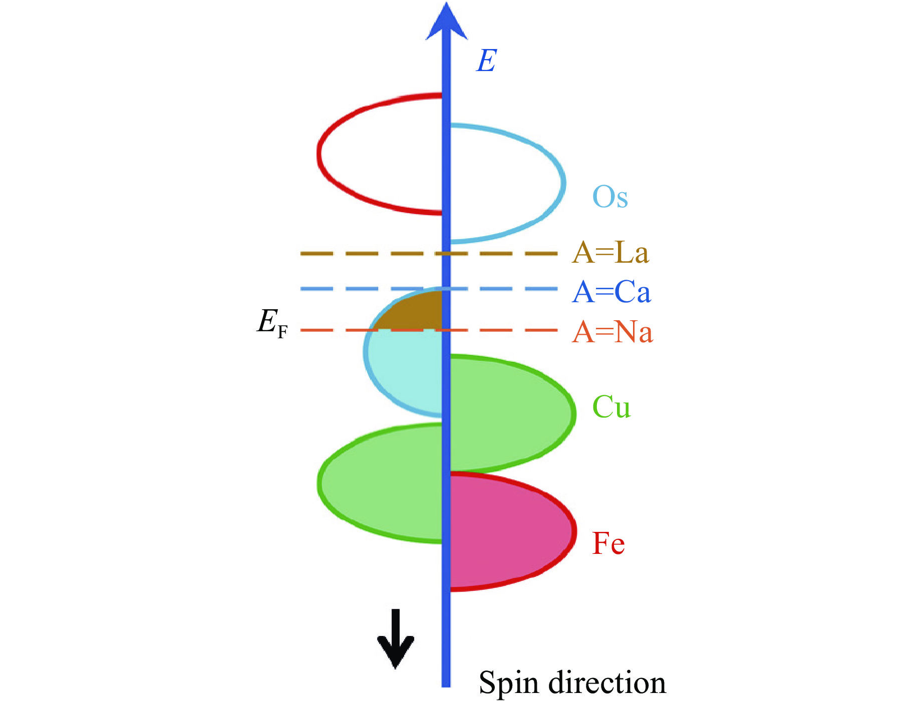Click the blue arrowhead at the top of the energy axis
446,23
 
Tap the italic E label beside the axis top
487,61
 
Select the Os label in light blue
610,197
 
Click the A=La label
610,252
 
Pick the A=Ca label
611,292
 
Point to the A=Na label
612,332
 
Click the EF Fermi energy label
272,323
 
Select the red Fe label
608,543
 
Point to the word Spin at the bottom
509,683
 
